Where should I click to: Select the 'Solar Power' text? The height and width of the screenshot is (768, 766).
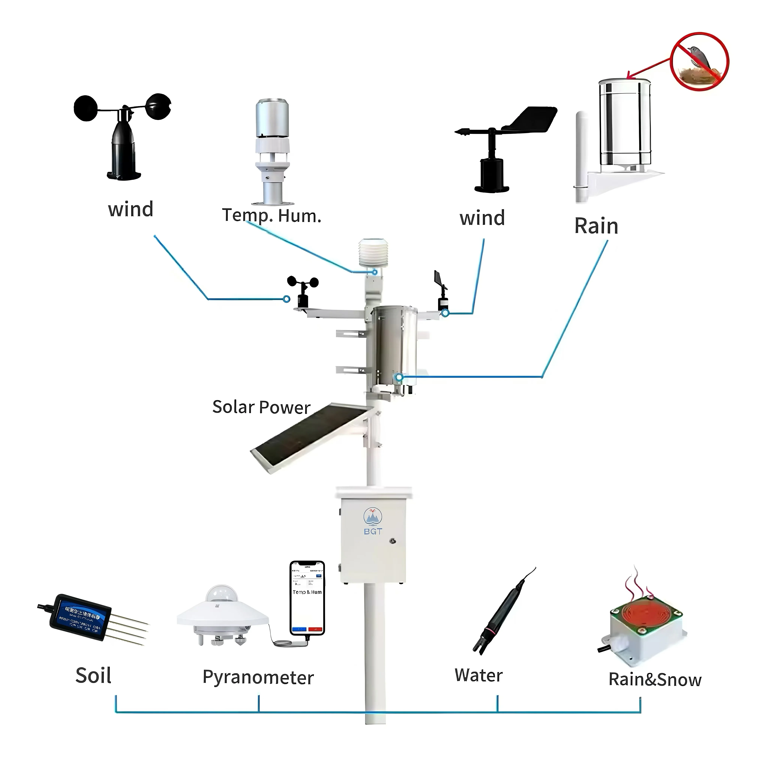(261, 407)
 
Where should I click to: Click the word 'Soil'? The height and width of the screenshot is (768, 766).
(93, 676)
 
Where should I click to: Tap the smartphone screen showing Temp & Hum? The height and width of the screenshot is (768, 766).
(307, 596)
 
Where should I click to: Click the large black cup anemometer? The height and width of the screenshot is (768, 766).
(123, 135)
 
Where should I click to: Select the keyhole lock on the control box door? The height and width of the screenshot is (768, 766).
(393, 541)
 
